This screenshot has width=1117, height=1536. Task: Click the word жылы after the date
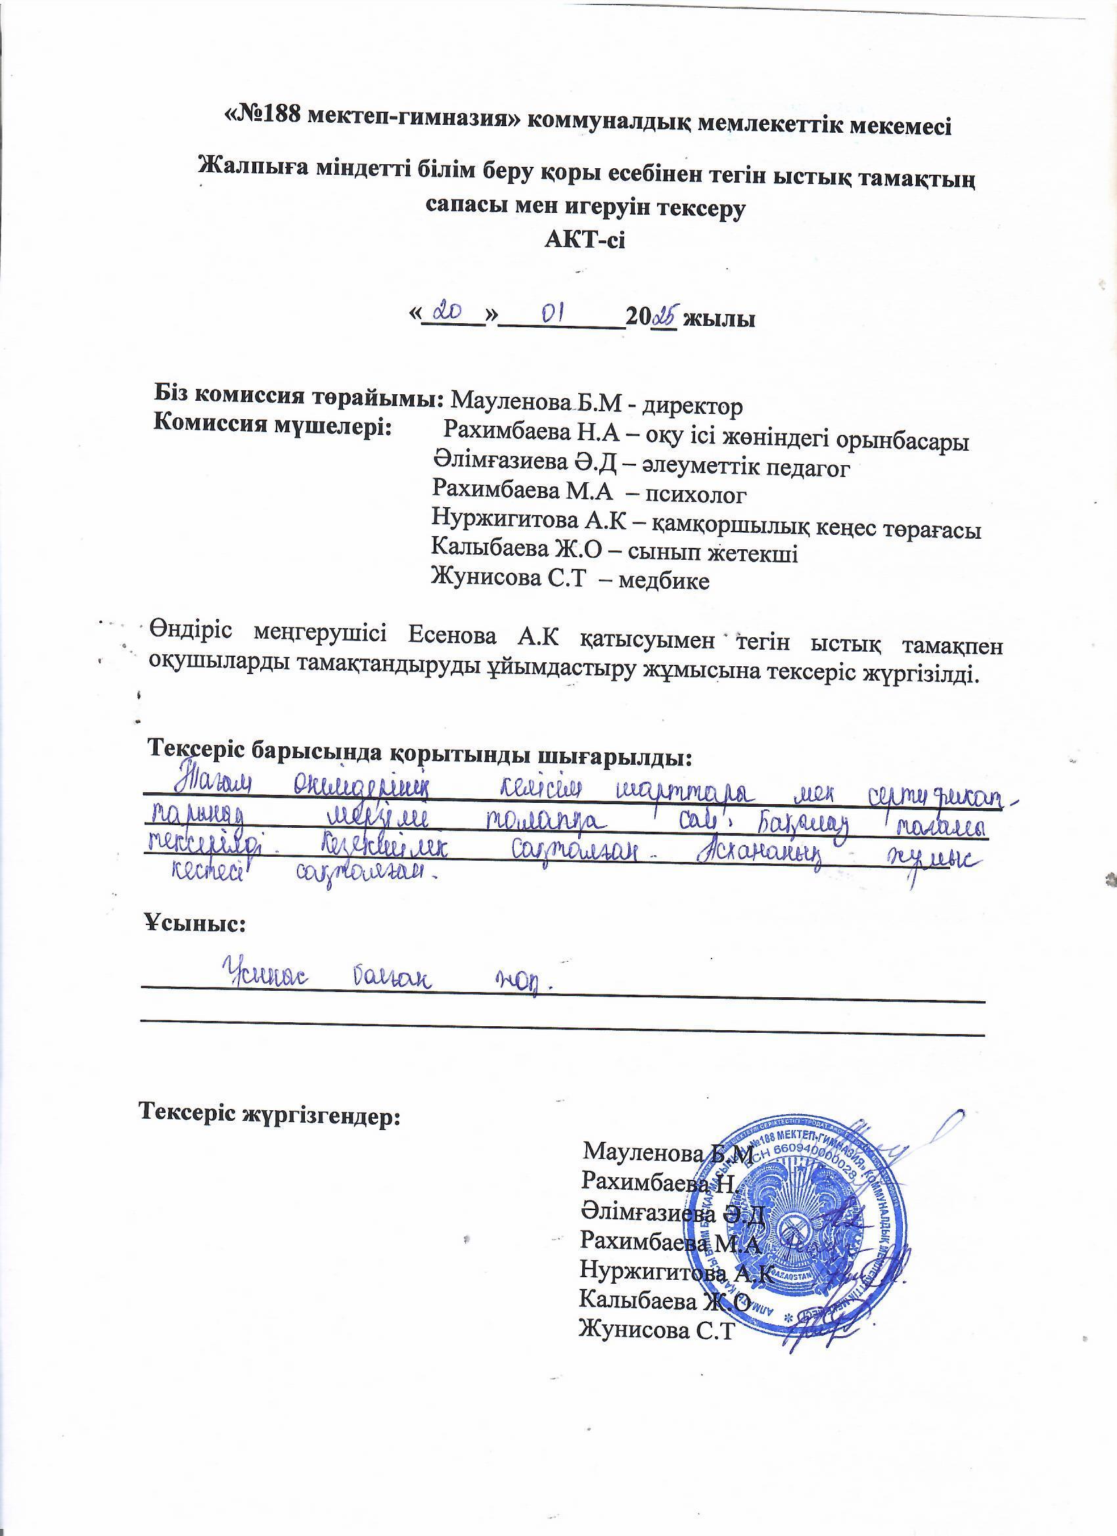pyautogui.click(x=719, y=317)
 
